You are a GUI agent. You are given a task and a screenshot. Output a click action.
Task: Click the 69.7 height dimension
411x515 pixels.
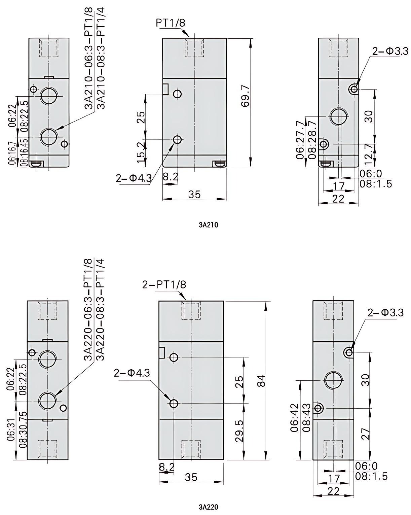(246, 96)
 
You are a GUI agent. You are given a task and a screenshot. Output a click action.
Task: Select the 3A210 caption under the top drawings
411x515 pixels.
(209, 225)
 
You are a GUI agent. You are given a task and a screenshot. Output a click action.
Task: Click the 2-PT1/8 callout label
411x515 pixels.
(164, 285)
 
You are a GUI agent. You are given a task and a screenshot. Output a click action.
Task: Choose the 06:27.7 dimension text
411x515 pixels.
(300, 140)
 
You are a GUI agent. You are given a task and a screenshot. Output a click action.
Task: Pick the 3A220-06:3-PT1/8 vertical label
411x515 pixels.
(88, 310)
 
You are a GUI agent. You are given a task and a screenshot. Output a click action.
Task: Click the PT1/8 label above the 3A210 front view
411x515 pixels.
(170, 23)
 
